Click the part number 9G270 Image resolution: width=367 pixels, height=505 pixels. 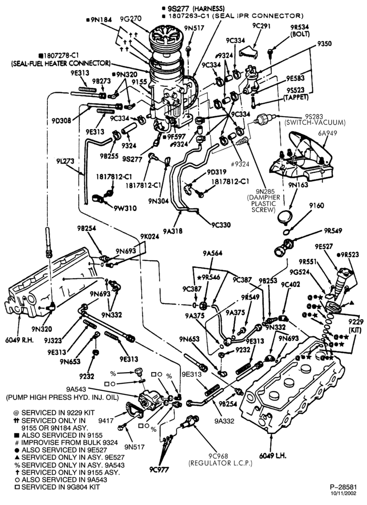[x=131, y=19]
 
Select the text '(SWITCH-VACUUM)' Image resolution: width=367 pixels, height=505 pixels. [x=315, y=123]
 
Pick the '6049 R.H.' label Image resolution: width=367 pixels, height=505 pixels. [x=19, y=340]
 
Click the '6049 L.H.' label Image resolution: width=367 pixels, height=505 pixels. [x=273, y=456]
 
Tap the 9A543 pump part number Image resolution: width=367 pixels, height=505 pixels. [x=76, y=389]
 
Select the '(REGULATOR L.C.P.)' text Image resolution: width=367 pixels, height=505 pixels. [x=220, y=463]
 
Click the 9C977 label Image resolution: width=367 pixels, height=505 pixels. [x=159, y=469]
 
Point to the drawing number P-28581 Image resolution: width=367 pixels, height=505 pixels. [x=343, y=487]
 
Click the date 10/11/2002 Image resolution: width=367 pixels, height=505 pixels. [x=343, y=493]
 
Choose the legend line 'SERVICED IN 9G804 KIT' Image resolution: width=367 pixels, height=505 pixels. [x=56, y=487]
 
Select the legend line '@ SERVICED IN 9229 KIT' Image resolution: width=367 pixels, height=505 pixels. [x=54, y=413]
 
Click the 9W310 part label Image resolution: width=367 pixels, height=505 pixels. [x=125, y=209]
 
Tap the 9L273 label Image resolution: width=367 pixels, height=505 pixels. [x=66, y=161]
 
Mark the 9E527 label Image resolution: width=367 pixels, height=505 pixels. [x=324, y=247]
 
